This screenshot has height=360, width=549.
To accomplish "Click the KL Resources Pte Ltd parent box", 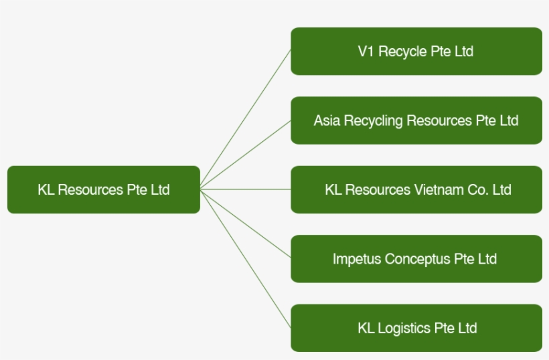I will pos(104,189).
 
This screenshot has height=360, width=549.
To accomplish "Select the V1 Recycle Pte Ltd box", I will pos(416,51).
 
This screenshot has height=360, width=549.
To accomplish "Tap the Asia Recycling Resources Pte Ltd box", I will pos(416,120).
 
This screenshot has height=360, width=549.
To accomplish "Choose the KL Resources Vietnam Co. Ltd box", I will pos(416,189).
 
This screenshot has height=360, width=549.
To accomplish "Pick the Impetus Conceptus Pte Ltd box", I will pos(416,258).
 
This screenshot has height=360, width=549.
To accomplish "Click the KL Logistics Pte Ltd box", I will pos(416,328).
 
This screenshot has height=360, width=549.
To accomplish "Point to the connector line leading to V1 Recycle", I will pos(245,119).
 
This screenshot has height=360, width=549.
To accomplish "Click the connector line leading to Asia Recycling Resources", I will pos(245,155).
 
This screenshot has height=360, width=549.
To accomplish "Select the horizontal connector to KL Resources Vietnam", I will pos(245,189).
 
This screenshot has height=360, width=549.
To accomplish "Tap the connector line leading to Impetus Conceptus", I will pos(245,223).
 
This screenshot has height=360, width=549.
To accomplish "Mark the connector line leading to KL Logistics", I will pos(245,258).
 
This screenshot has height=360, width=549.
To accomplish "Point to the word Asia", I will pos(327,120).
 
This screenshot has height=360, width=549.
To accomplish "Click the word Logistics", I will pos(404,328).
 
